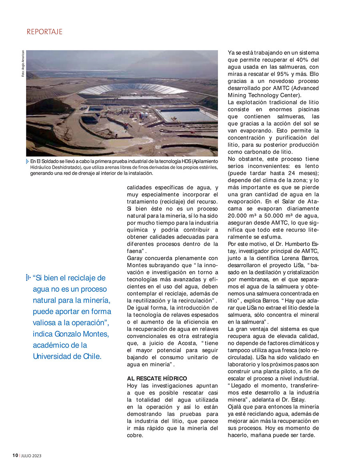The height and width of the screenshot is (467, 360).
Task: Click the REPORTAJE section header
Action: [45, 32]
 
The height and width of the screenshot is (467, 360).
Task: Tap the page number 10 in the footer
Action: [15, 455]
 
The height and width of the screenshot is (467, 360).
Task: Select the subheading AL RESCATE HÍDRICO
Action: [157, 378]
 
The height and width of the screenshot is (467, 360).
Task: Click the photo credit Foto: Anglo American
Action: [23, 66]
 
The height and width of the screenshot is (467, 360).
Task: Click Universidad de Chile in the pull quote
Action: [67, 356]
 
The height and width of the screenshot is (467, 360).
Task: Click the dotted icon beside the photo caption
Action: [28, 161]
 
